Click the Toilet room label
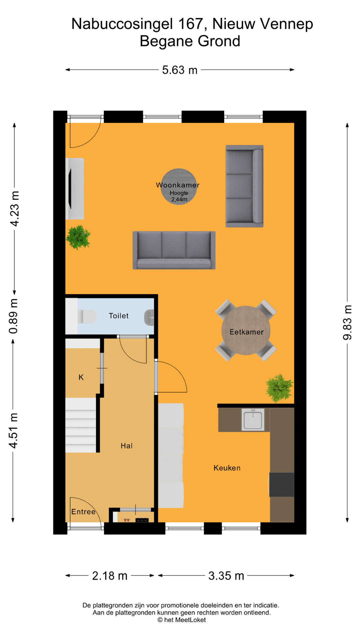tap(119, 316)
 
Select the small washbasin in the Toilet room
tap(149, 317)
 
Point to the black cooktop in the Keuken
tap(282, 485)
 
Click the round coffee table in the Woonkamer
tap(179, 187)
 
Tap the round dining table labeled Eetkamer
tap(246, 330)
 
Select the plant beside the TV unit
tap(78, 237)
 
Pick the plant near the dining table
tap(279, 388)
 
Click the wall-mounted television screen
tap(70, 189)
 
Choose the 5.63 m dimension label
tap(180, 70)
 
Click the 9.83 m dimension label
tap(347, 322)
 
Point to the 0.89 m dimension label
tap(14, 316)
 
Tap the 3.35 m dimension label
tap(226, 576)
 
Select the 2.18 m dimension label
tap(110, 576)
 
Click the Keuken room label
tap(227, 468)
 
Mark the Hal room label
tap(127, 446)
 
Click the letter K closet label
tap(81, 377)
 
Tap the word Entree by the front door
tap(83, 512)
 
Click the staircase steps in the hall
tap(81, 425)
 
